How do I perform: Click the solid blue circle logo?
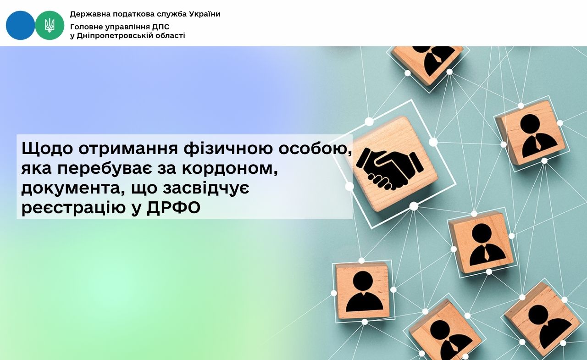click(21, 25)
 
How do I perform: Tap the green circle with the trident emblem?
click(50, 25)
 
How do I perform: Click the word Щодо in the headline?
click(47, 150)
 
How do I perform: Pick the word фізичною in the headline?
click(228, 149)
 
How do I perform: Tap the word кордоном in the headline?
click(230, 169)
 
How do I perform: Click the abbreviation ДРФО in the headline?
click(173, 208)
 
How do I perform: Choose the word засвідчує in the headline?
click(206, 188)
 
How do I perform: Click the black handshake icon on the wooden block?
click(390, 169)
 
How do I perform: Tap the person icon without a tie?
click(364, 292)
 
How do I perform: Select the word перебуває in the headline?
click(105, 169)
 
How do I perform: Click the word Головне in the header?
click(86, 27)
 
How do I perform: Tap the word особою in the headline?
click(316, 150)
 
